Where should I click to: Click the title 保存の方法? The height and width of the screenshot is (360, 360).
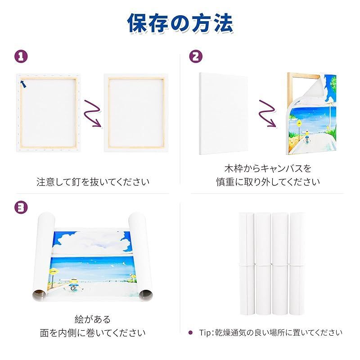pos(180,23)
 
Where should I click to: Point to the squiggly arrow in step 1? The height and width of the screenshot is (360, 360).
pos(92,115)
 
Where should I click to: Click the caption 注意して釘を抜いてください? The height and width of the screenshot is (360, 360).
pos(93,183)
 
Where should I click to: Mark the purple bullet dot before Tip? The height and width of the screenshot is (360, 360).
pos(190,333)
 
